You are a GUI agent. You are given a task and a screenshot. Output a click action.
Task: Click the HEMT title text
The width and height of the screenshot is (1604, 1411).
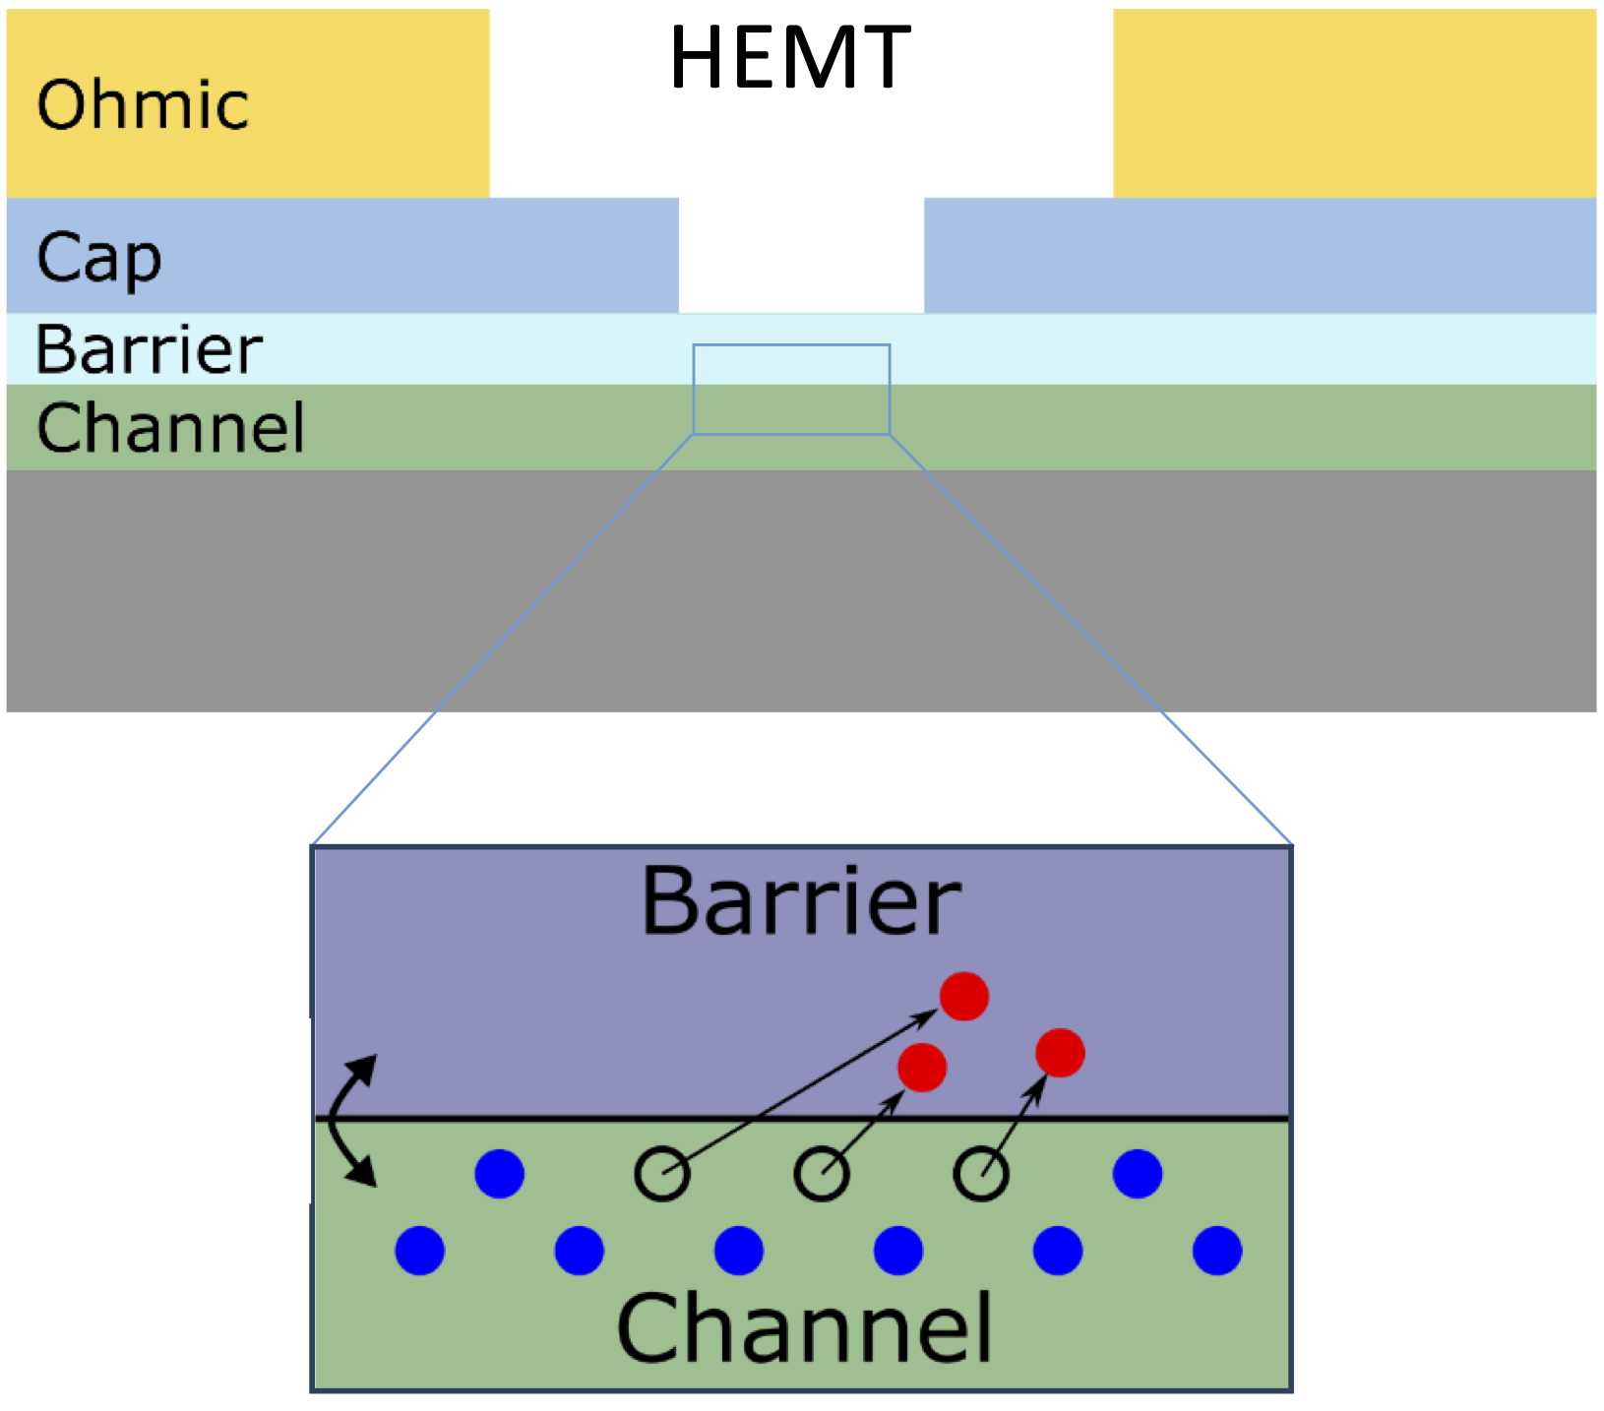790,57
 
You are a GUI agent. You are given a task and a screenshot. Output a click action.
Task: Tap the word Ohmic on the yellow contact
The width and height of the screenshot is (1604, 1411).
143,104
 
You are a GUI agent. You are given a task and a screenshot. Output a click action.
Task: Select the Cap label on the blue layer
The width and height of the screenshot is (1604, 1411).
98,258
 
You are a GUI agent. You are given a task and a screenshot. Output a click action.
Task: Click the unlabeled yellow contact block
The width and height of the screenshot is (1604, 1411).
1354,102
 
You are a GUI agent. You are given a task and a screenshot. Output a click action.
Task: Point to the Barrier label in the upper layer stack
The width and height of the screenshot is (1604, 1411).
149,349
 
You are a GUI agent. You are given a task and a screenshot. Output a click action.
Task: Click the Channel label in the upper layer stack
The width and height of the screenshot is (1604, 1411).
170,427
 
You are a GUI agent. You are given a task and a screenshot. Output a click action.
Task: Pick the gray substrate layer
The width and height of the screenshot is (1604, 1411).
801,590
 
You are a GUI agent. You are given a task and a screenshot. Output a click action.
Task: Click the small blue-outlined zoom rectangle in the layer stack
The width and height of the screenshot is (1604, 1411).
791,389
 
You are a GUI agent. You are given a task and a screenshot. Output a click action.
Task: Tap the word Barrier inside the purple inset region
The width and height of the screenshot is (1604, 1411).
801,900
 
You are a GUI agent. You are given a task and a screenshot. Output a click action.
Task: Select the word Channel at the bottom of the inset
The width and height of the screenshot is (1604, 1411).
804,1328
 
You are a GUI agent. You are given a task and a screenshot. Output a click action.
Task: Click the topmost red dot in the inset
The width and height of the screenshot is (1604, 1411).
963,997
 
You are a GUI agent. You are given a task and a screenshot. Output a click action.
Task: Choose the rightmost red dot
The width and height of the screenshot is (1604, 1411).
1060,1053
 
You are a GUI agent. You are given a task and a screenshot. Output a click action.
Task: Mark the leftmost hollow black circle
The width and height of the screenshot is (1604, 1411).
661,1173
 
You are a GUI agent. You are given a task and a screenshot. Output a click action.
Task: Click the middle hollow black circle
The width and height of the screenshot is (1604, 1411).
821,1173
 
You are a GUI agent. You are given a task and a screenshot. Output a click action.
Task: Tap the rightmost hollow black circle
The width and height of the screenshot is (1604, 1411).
980,1173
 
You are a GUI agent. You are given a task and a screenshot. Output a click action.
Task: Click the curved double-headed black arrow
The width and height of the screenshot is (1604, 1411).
344,1120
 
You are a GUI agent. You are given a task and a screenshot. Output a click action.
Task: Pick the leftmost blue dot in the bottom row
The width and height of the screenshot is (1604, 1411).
419,1251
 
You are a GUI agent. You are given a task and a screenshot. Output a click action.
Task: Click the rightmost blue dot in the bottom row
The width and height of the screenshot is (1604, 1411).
1216,1251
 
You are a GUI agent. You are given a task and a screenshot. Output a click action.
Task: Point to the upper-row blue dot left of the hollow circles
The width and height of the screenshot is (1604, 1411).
499,1173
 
